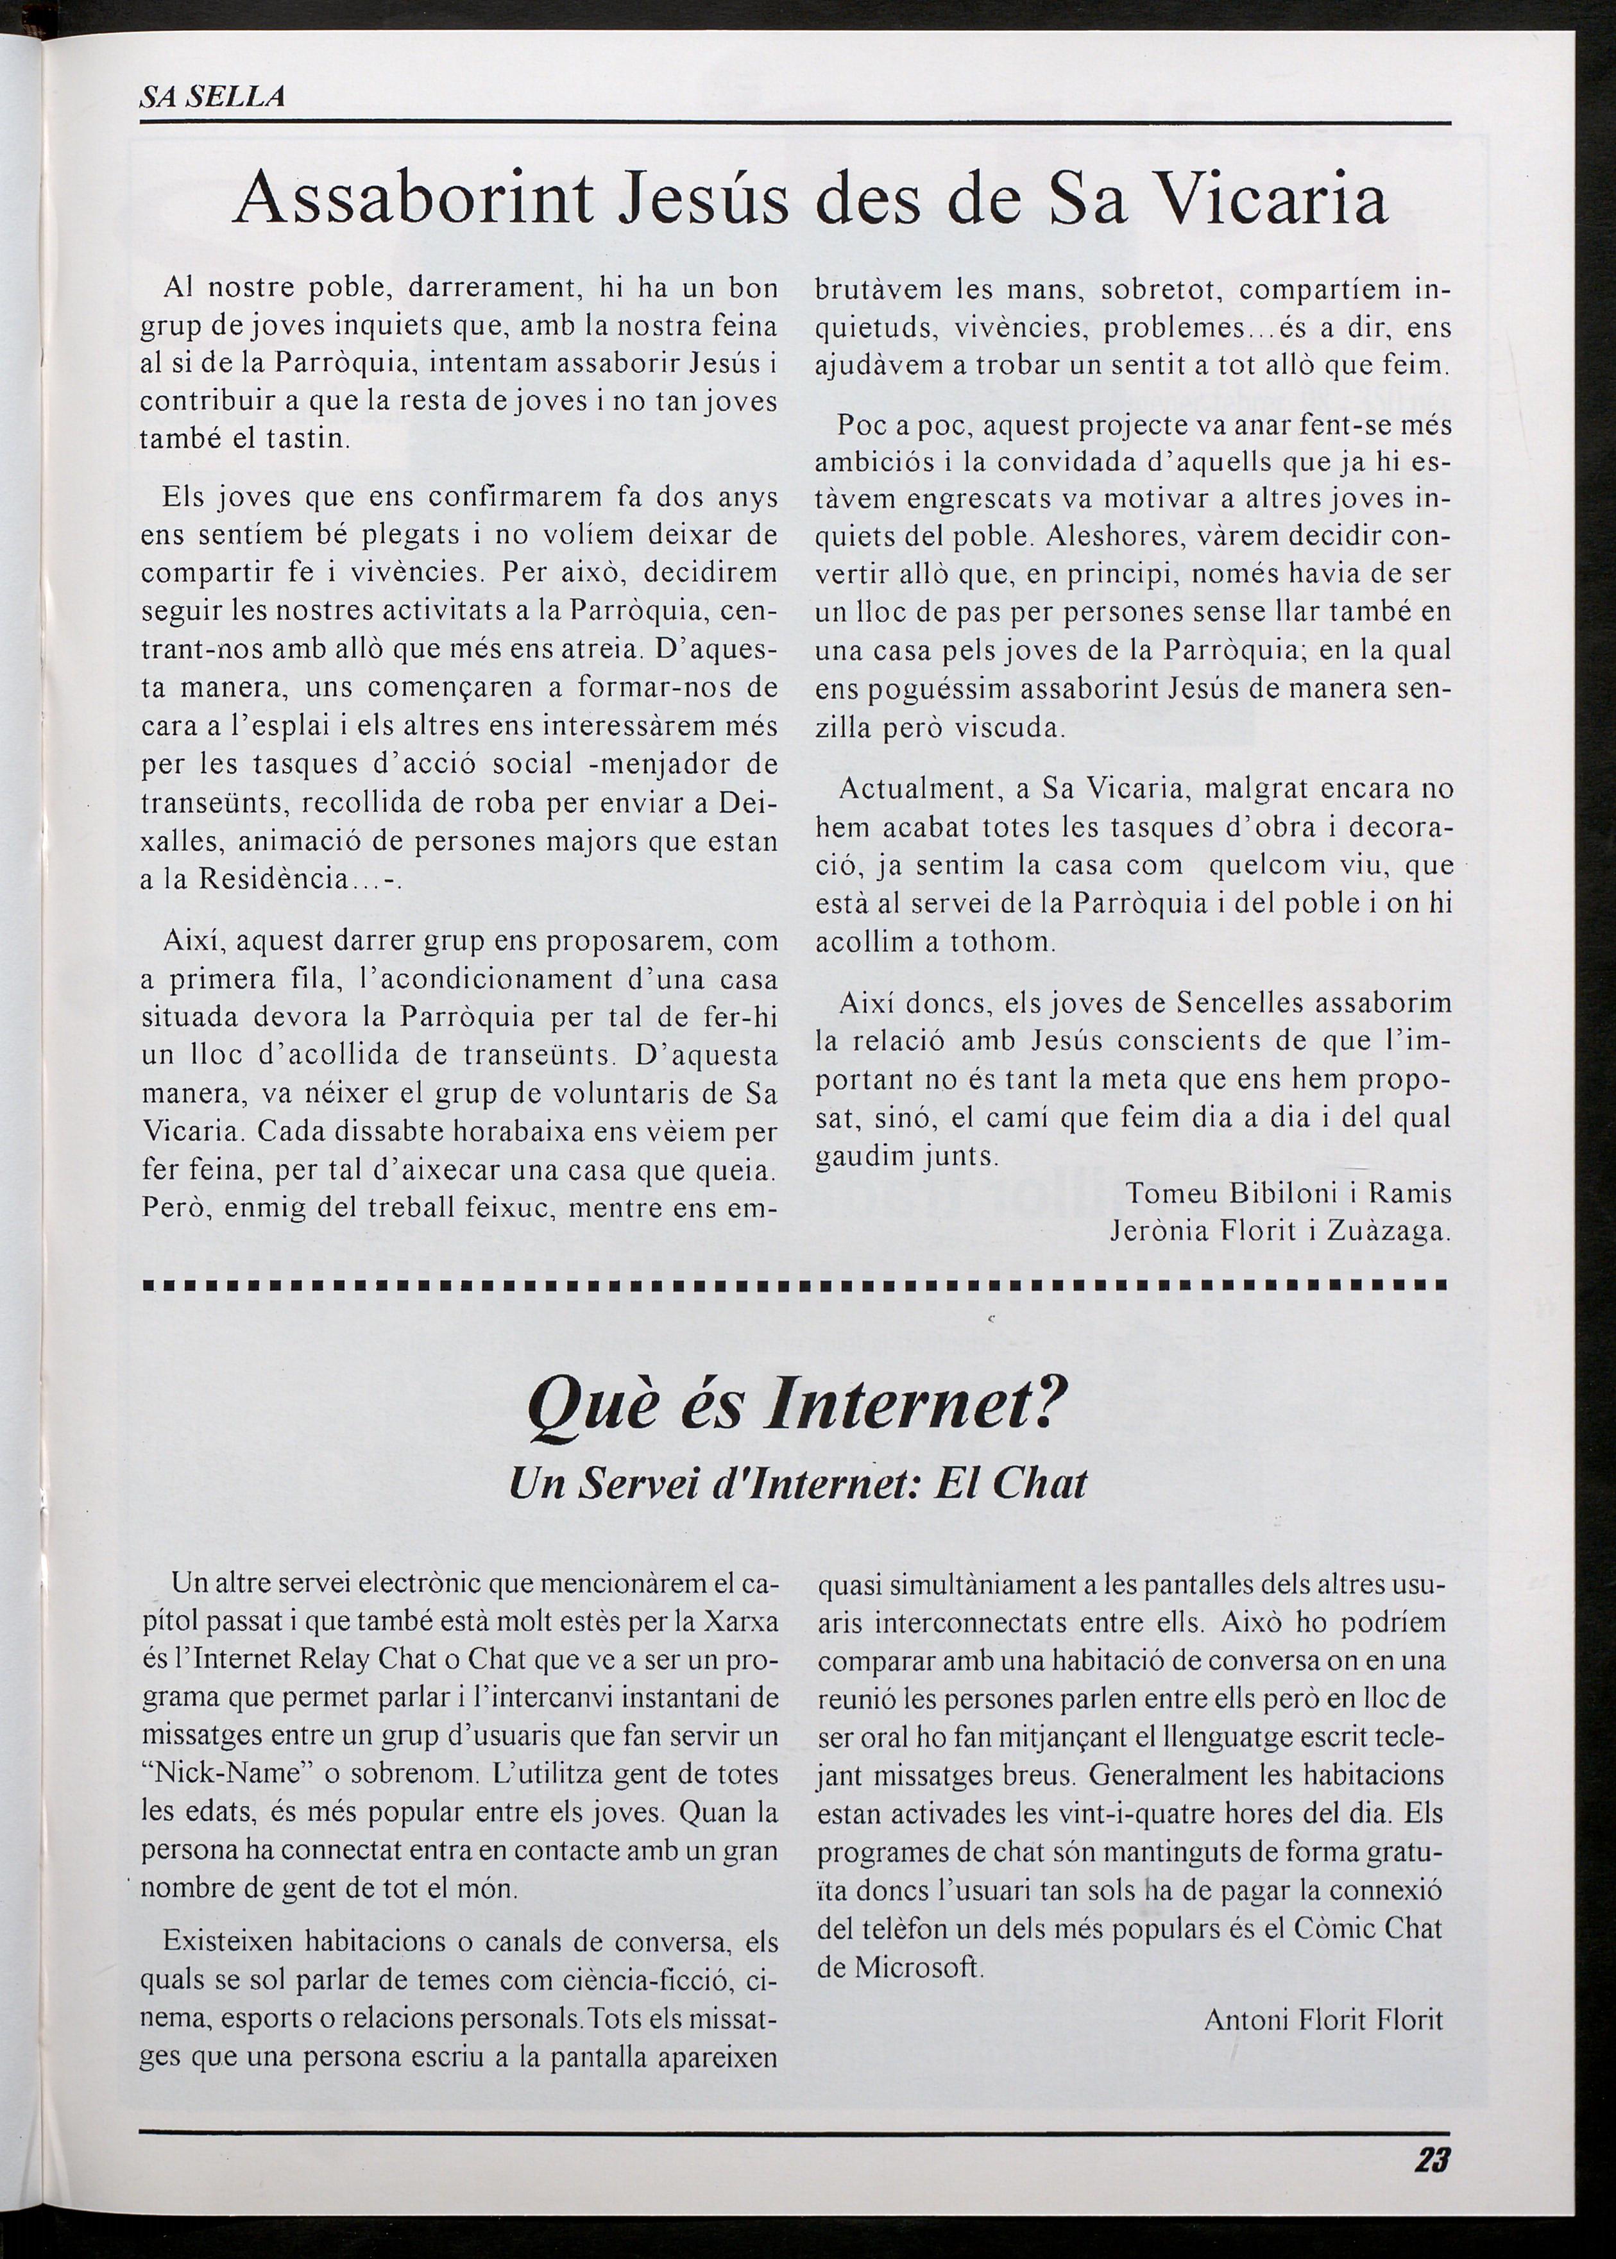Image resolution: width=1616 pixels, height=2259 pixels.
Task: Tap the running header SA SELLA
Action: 213,96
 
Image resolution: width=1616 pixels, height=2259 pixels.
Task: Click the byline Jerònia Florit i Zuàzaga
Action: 1280,1232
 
